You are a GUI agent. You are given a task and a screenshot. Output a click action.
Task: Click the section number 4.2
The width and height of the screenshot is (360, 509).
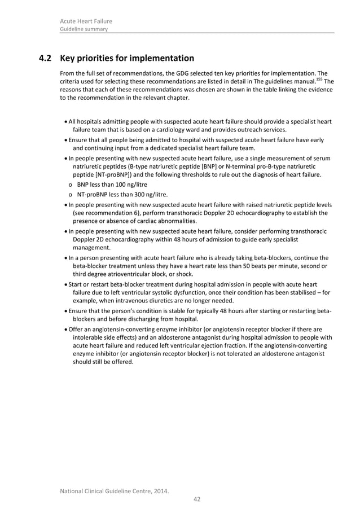tap(45, 58)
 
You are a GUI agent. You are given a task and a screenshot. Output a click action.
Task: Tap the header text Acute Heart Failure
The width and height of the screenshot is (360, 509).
tap(86, 21)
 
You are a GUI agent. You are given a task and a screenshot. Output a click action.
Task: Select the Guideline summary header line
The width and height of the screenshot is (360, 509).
tap(84, 29)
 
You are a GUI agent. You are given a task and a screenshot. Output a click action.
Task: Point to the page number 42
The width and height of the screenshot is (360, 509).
tap(197, 498)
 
